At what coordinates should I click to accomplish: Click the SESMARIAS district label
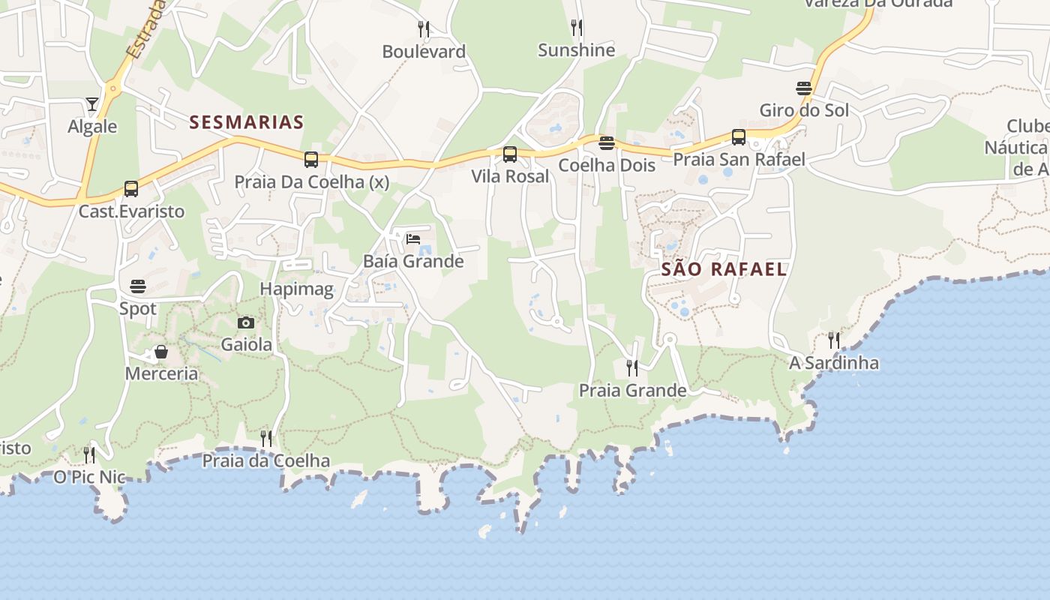247,122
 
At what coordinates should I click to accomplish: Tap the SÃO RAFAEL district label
724,269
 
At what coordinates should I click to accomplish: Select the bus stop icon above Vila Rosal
510,154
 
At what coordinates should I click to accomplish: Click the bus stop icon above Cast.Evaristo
131,189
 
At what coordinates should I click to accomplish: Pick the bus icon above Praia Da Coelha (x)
311,159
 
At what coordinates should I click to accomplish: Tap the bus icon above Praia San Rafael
739,137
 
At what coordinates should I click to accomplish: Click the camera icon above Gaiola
246,323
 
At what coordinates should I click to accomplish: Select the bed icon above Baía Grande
413,239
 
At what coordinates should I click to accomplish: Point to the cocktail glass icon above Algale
92,104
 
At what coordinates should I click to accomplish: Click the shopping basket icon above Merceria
161,352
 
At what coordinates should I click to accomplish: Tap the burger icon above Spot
138,286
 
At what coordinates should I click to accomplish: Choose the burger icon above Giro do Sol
804,88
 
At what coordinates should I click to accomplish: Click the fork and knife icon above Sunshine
576,28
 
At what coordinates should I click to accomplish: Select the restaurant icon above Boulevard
424,29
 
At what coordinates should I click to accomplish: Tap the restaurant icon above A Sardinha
833,340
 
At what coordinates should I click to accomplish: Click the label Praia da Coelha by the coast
266,460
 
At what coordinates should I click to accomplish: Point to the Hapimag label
296,289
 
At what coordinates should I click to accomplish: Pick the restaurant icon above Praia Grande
632,367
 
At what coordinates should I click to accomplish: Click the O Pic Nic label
89,477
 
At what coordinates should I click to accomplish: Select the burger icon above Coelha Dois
607,143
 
